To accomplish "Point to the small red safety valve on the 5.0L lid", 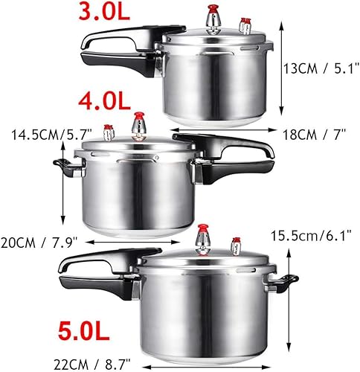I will pyautogui.click(x=237, y=244).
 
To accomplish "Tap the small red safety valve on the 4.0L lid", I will pyautogui.click(x=109, y=132).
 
